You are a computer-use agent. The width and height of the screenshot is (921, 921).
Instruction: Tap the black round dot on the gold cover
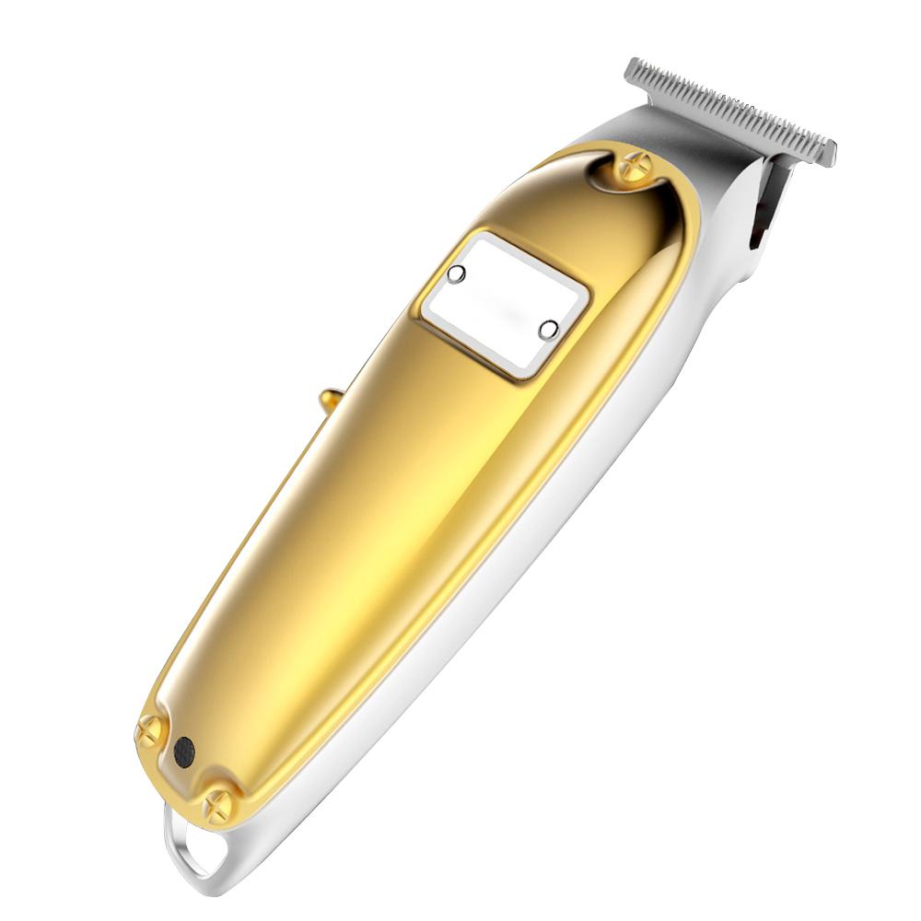183,751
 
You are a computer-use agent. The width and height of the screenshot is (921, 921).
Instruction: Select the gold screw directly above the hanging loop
220,805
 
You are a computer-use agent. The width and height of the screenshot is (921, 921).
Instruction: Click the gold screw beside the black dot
149,732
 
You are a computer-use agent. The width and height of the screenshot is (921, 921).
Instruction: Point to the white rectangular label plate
504,304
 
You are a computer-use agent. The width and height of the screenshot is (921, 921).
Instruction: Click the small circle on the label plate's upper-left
456,274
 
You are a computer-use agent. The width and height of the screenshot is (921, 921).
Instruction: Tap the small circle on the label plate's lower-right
547,329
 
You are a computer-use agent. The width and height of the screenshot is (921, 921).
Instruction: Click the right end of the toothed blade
826,152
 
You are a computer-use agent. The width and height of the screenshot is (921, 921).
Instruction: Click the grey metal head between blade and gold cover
700,147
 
